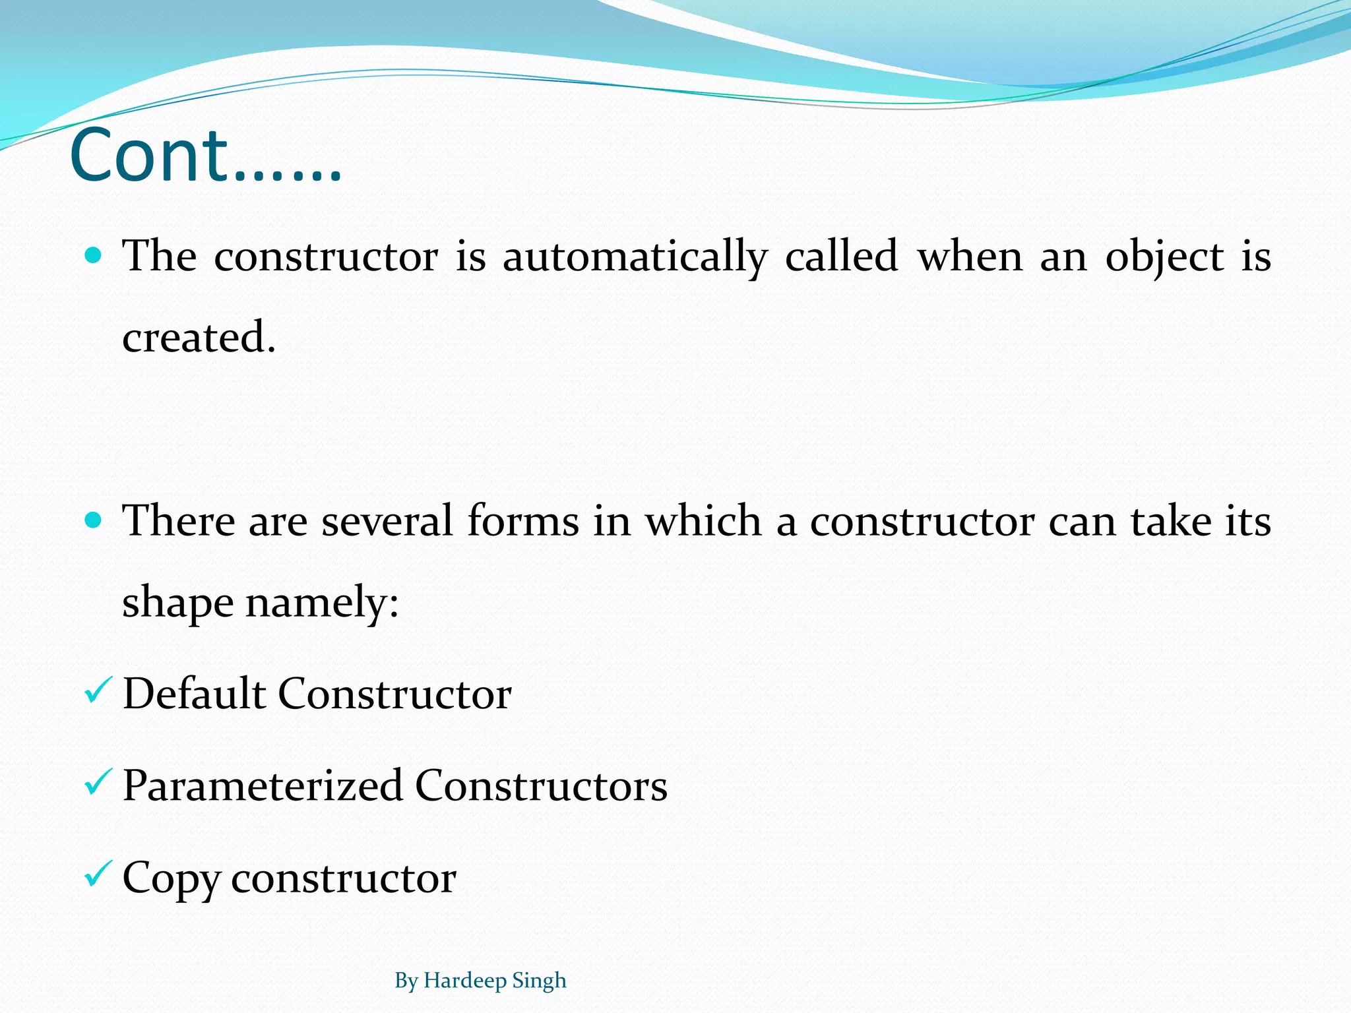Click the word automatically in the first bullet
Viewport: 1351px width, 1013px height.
click(x=635, y=257)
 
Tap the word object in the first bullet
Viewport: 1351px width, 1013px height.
click(x=1165, y=257)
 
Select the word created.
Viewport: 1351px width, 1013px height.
click(x=198, y=337)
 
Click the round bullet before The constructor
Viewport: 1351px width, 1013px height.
click(x=94, y=256)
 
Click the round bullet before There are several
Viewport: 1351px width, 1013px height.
click(x=94, y=521)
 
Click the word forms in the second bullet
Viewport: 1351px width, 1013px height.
click(x=522, y=521)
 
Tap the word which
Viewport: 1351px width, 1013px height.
click(x=703, y=521)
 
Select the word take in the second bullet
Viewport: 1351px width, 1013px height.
click(x=1171, y=521)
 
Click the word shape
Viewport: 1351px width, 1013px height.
click(x=178, y=603)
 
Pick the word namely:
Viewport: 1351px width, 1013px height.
click(x=322, y=603)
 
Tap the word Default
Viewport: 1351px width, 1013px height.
click(x=194, y=694)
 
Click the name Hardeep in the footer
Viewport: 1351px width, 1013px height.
click(x=464, y=981)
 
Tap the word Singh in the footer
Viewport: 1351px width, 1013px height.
click(x=540, y=981)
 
